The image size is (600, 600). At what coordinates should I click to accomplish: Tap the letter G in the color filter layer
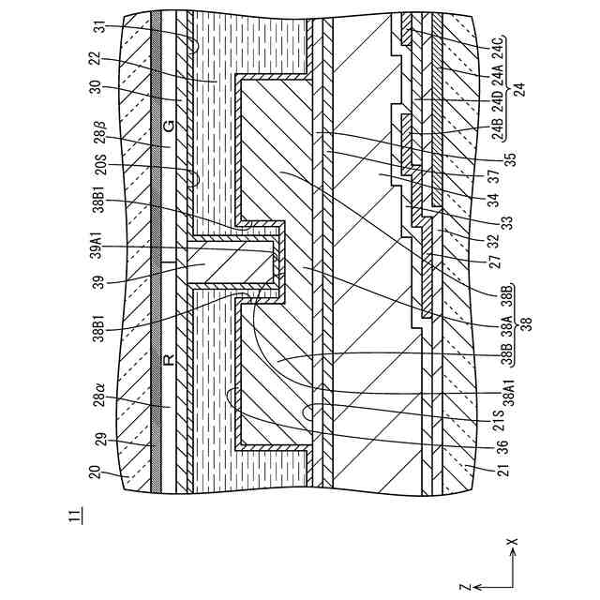tap(168, 125)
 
